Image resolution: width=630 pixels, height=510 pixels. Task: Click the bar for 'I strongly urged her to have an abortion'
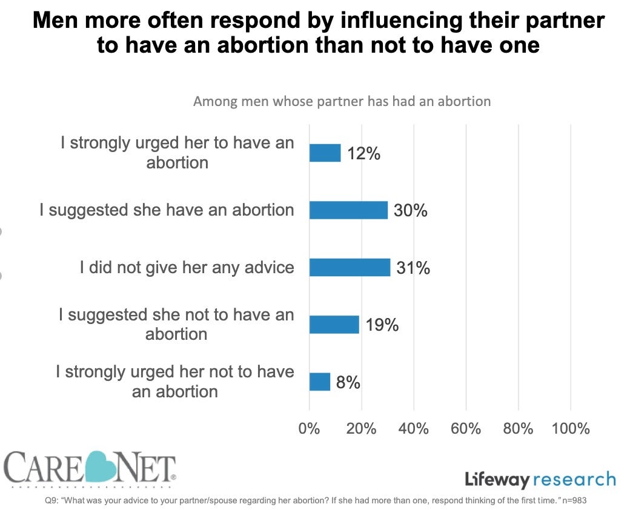click(x=325, y=153)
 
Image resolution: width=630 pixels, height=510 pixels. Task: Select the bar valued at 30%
click(x=348, y=210)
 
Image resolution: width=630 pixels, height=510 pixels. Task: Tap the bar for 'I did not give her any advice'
click(x=350, y=267)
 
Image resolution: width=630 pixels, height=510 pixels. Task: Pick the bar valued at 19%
click(x=334, y=325)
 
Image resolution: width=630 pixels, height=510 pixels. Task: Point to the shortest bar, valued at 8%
click(x=319, y=382)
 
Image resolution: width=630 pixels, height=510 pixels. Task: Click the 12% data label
click(x=364, y=154)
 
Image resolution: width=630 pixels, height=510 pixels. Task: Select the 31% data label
click(x=413, y=268)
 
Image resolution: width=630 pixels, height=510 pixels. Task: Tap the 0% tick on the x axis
click(x=309, y=429)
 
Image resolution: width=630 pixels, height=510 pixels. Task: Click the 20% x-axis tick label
click(x=361, y=429)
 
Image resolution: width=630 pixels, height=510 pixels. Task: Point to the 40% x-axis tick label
click(x=413, y=429)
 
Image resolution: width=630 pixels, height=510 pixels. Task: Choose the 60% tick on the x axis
click(x=465, y=429)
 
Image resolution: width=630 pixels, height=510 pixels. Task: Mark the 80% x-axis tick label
click(x=518, y=429)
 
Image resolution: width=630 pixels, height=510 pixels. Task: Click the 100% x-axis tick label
click(x=570, y=429)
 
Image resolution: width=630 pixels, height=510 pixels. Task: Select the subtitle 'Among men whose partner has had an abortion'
click(x=342, y=101)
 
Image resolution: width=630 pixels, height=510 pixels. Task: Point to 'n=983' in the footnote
click(x=573, y=500)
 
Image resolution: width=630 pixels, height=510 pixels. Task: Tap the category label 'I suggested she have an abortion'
click(x=167, y=210)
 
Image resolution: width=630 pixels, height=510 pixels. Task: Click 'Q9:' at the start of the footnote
click(x=53, y=500)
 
